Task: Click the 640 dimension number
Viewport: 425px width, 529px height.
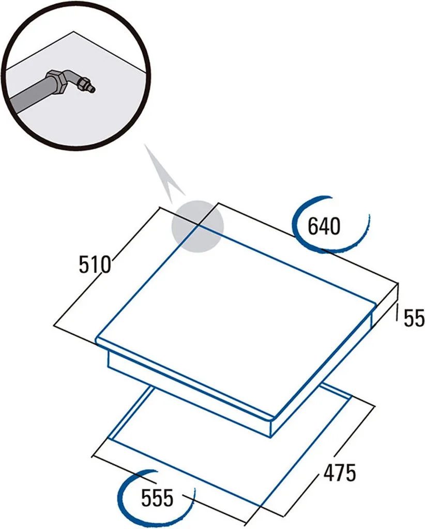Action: coord(324,226)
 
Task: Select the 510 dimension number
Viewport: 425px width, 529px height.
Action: coord(95,264)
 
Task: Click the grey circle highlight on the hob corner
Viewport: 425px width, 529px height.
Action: coord(198,226)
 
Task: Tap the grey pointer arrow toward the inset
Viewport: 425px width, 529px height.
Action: coord(164,174)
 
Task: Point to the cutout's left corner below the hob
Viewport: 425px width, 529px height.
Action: coord(108,439)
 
